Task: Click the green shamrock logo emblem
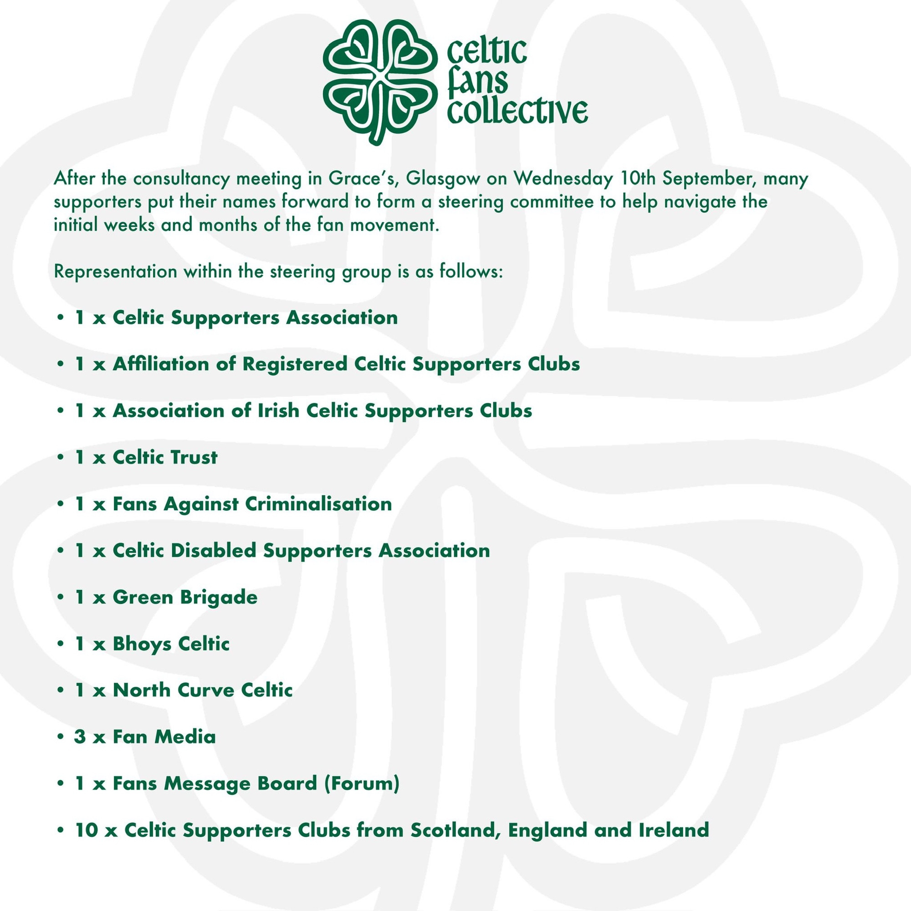coord(378,80)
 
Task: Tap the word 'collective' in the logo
coord(517,111)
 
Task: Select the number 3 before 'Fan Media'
coord(80,737)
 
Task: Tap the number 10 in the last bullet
coord(86,830)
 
